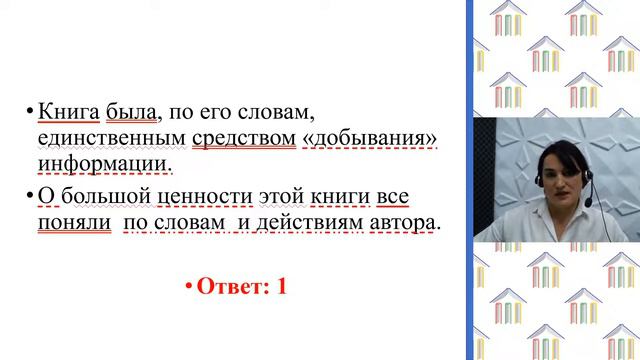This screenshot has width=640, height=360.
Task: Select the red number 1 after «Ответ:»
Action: click(x=282, y=286)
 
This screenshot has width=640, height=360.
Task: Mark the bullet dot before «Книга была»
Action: click(x=30, y=110)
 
